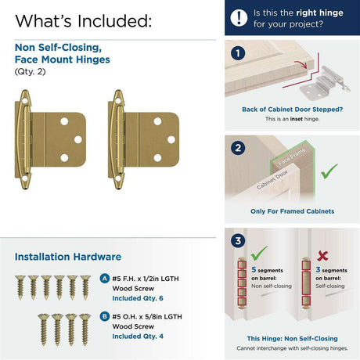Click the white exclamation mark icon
[x=239, y=18]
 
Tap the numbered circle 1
[x=238, y=53]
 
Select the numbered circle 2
[x=238, y=148]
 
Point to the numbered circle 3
[x=238, y=240]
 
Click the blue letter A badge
[x=104, y=279]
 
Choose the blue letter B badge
[x=104, y=316]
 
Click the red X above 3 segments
[x=322, y=256]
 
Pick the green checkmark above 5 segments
[x=258, y=254]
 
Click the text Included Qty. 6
[x=138, y=298]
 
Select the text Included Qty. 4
[x=138, y=337]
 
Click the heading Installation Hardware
[x=68, y=257]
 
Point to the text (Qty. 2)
[x=30, y=71]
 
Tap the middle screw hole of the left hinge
[x=78, y=140]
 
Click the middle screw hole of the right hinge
[x=171, y=140]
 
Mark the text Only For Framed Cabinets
[x=292, y=211]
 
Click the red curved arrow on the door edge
[x=301, y=64]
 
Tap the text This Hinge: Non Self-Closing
[x=292, y=339]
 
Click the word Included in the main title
[x=114, y=21]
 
